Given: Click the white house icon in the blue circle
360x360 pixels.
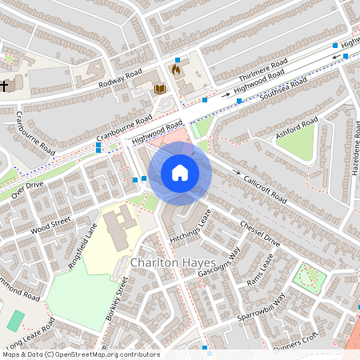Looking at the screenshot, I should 180,173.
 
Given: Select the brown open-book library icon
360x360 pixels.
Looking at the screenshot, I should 158,89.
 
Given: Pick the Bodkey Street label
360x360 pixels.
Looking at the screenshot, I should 117,301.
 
